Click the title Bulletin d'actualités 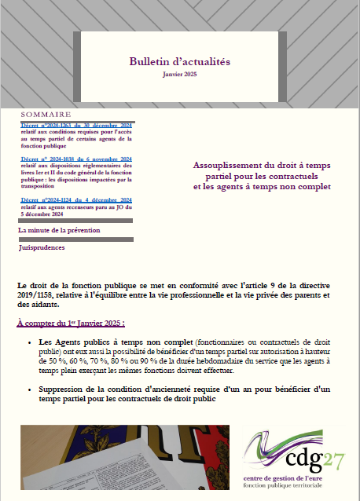coord(180,61)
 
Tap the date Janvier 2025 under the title coord(180,74)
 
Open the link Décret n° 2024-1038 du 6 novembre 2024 coord(76,159)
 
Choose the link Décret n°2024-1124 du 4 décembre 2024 coord(76,200)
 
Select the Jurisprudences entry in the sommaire coord(42,247)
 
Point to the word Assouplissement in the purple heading coord(230,165)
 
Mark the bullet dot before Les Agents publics coord(29,343)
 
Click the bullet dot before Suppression coord(29,389)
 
